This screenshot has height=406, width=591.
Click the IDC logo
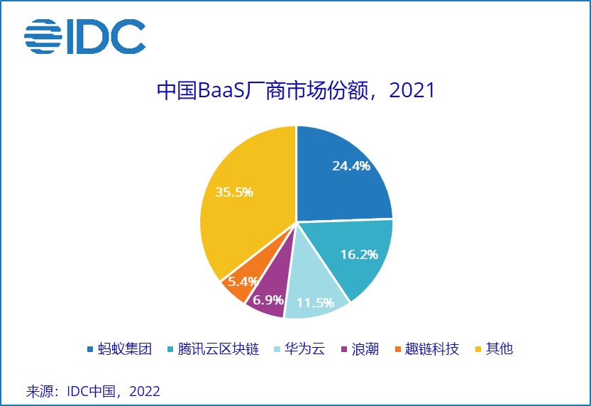click(84, 35)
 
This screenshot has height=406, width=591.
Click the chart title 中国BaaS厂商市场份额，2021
click(295, 92)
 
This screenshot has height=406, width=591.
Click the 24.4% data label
click(351, 166)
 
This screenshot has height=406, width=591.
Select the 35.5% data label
click(234, 192)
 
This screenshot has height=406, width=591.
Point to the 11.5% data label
click(315, 303)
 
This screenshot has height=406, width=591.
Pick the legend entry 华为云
click(304, 349)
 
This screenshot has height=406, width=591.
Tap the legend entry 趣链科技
click(432, 349)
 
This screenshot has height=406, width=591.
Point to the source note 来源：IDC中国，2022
click(93, 391)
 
